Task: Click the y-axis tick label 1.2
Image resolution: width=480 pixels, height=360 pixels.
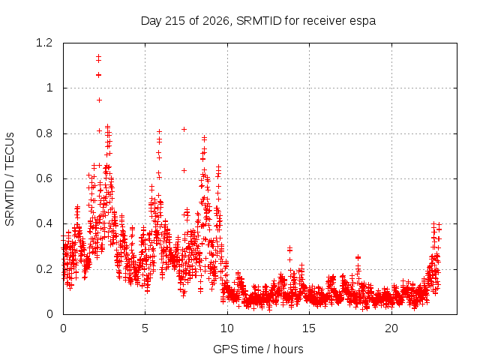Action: tap(44, 43)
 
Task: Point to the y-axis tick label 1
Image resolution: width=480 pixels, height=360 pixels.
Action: tap(49, 88)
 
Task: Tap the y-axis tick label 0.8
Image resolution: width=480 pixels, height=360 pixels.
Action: tap(44, 133)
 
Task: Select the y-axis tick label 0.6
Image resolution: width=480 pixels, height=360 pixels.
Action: tap(44, 178)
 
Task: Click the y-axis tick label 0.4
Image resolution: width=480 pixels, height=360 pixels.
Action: tap(44, 223)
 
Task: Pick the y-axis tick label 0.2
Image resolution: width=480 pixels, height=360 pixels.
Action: tap(44, 269)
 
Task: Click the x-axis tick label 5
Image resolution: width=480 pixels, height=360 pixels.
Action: tap(145, 328)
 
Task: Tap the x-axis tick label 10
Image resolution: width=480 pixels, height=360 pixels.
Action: tap(226, 328)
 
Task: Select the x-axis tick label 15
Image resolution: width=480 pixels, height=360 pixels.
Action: tap(309, 328)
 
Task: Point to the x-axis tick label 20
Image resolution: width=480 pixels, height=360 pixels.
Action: tap(391, 328)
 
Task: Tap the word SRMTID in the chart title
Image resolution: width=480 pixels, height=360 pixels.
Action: tap(259, 21)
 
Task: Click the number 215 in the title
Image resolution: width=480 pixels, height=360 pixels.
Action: tap(175, 21)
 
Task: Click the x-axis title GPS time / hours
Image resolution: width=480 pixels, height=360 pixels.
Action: tap(258, 349)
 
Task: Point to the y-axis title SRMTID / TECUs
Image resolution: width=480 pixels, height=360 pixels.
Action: tap(10, 179)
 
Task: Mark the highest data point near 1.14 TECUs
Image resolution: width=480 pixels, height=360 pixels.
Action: tap(98, 56)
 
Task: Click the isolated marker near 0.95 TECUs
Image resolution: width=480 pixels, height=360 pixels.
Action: tap(99, 100)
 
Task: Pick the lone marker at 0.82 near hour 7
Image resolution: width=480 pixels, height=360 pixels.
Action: tap(184, 130)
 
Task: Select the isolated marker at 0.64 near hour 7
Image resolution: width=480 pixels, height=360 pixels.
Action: tap(184, 170)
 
